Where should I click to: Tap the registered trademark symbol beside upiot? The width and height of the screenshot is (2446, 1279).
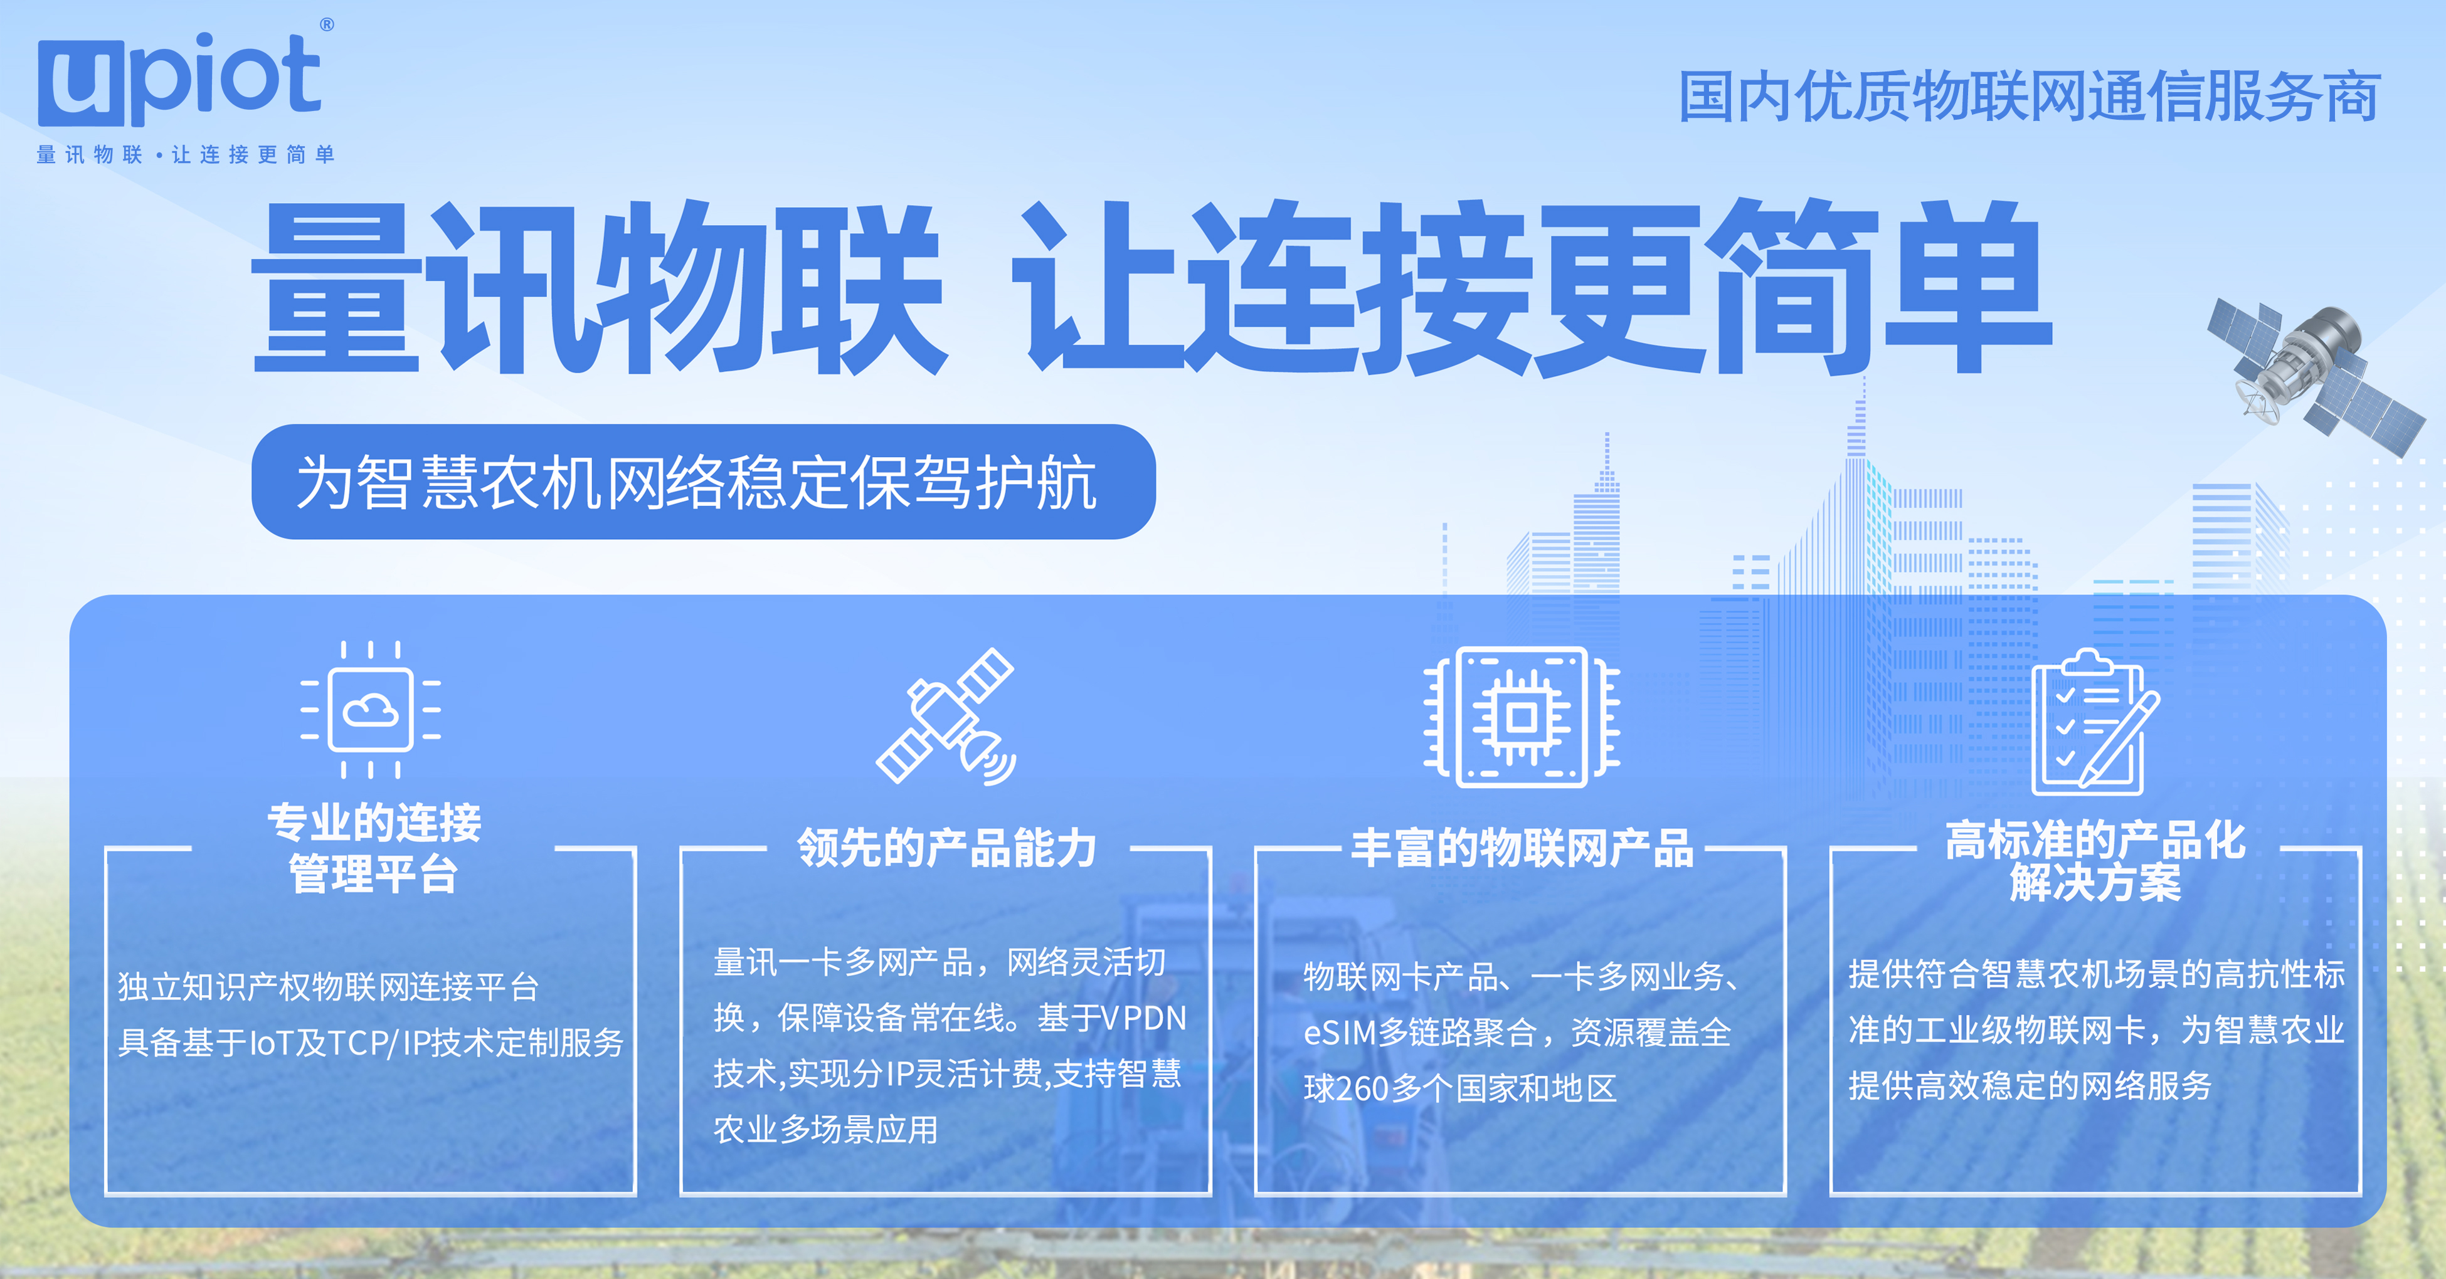click(x=327, y=24)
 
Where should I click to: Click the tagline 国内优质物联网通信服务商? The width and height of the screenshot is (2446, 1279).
click(x=2028, y=97)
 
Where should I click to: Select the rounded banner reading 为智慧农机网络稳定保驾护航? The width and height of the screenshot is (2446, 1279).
click(x=702, y=482)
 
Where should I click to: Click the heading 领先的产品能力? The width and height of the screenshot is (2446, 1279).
click(x=946, y=848)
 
